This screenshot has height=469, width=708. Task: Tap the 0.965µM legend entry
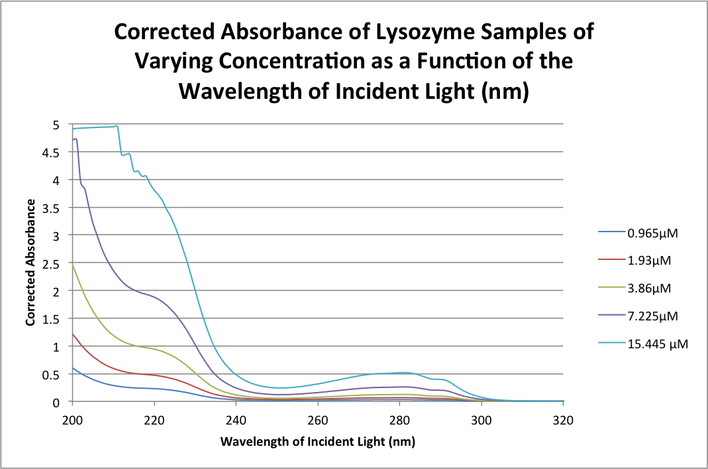(653, 233)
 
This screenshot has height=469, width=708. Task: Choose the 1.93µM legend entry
(649, 261)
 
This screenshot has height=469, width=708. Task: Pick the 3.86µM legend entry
(649, 289)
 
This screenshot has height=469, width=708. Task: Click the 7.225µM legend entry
(653, 317)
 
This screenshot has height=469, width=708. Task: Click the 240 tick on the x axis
(236, 420)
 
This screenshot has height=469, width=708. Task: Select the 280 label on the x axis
(399, 420)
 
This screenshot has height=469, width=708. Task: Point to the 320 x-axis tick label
(563, 420)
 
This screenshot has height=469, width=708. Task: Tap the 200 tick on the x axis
(72, 420)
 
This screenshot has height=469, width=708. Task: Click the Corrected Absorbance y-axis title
(30, 263)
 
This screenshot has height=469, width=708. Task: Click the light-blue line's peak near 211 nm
(117, 125)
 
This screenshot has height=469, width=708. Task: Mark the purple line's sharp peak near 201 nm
(76, 139)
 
